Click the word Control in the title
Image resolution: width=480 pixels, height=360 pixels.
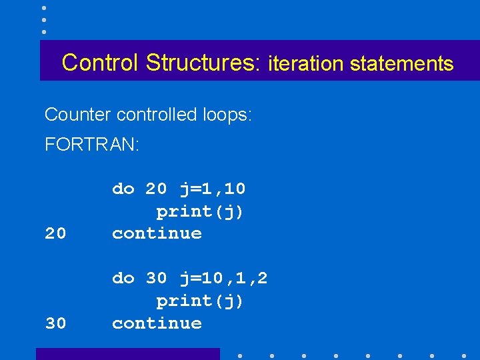tap(101, 63)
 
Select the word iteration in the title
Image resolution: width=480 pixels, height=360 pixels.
tap(305, 64)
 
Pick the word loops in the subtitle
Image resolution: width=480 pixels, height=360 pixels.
tap(228, 115)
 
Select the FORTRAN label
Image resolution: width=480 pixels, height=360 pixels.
tap(92, 145)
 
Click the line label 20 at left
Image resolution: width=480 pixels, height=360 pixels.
tap(56, 233)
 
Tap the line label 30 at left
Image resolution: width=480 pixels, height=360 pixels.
tap(56, 323)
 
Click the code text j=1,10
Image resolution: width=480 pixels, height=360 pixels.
tap(213, 189)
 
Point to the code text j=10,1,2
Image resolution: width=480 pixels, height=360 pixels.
tap(223, 278)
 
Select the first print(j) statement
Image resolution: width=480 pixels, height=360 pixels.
tap(200, 211)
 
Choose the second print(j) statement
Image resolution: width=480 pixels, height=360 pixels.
tap(200, 301)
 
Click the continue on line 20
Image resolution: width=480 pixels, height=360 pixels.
tap(157, 233)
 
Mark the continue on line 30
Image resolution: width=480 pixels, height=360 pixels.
tap(157, 323)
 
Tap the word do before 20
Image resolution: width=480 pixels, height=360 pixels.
tap(123, 189)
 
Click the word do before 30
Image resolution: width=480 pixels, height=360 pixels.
tap(123, 278)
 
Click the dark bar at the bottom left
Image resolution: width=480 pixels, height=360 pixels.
tap(127, 354)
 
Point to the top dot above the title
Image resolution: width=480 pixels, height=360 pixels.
tap(44, 8)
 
